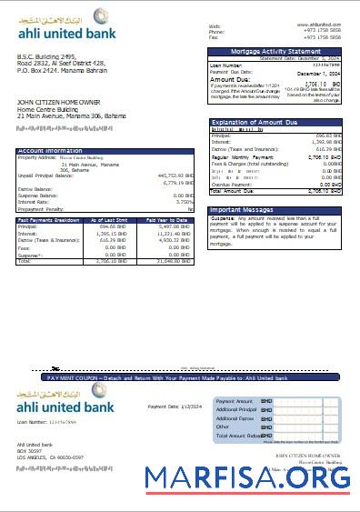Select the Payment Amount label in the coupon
pyautogui.click(x=232, y=400)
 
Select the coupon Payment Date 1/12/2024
pyautogui.click(x=172, y=407)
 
